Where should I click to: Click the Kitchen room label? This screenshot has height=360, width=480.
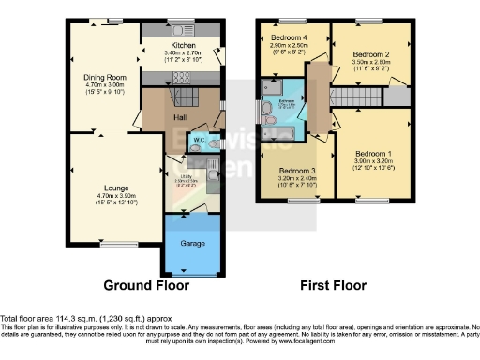pyautogui.click(x=182, y=44)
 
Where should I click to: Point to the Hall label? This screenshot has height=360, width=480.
pyautogui.click(x=181, y=117)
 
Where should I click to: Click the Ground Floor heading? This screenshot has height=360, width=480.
pyautogui.click(x=146, y=285)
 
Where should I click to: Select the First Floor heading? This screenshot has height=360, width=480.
pyautogui.click(x=334, y=285)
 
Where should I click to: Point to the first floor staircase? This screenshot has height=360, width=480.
pyautogui.click(x=357, y=96)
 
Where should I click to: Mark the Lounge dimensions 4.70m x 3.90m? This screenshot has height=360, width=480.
pyautogui.click(x=104, y=196)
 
